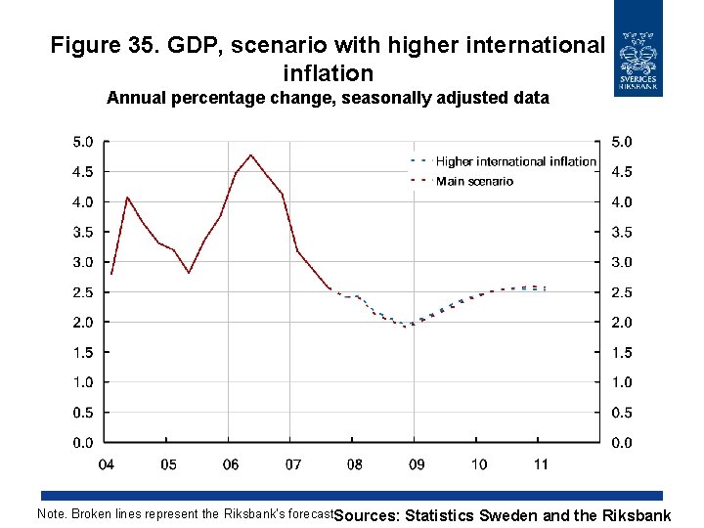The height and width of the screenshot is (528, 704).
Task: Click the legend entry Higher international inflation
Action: coord(515,161)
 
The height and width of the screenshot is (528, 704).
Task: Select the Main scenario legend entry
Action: coord(474,181)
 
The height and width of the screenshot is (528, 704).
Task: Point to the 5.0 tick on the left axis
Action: coord(84,141)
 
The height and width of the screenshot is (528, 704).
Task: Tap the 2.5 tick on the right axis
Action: coord(622,292)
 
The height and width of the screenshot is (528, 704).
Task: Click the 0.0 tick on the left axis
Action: coord(84,443)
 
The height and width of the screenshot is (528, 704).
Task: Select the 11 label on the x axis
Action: coord(540,463)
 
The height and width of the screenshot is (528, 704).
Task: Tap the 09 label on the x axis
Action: coord(416,463)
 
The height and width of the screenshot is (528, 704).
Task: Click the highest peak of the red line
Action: coord(251,154)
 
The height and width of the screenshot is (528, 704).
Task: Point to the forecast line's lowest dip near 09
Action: coord(405,326)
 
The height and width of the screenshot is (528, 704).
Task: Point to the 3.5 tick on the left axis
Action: coord(84,232)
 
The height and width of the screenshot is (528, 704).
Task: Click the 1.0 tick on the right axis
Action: coord(622,382)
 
